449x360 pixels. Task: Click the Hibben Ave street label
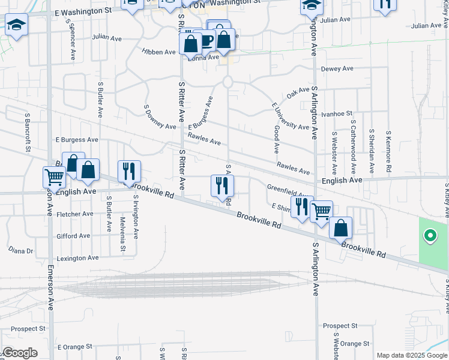click(x=158, y=52)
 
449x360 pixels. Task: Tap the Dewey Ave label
click(x=337, y=68)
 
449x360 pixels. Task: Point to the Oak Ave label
click(x=298, y=92)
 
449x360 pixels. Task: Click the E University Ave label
click(x=289, y=116)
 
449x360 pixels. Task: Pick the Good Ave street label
click(x=276, y=139)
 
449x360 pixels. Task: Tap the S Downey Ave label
click(x=160, y=118)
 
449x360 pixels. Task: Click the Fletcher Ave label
click(x=74, y=214)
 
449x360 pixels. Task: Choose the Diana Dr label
click(x=20, y=250)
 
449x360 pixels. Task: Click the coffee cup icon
click(x=206, y=41)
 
